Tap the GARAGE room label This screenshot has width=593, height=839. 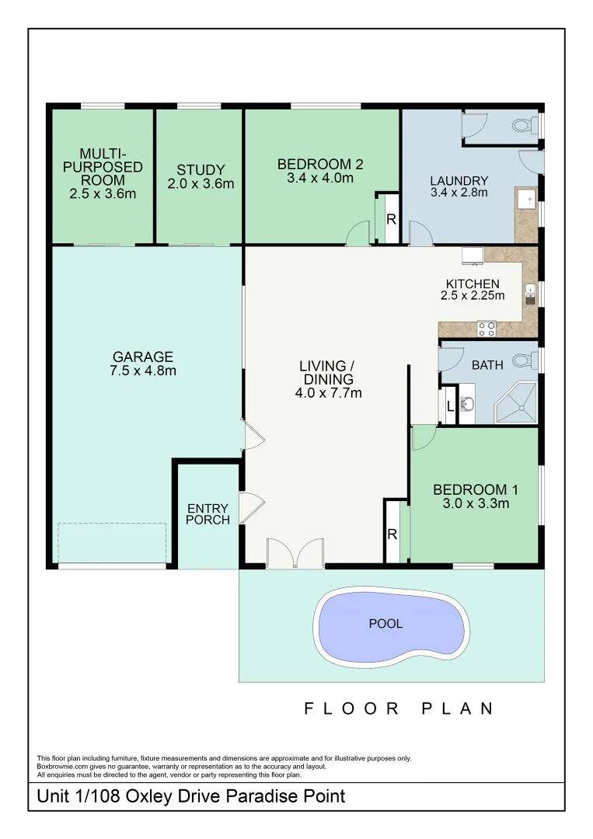coord(144,357)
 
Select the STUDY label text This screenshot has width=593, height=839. coord(201,170)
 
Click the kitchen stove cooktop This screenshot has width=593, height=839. coord(487,329)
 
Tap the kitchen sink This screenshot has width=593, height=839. coord(530,293)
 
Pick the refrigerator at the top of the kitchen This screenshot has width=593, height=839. coord(473,256)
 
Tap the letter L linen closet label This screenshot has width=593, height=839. coord(449,405)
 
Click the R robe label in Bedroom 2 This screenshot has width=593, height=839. coord(391,220)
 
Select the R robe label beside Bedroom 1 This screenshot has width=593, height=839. coord(392,534)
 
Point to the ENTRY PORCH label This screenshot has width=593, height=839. coord(208,514)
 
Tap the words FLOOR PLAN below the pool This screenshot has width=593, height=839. coord(399,708)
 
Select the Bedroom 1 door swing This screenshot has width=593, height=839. coord(424,437)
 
